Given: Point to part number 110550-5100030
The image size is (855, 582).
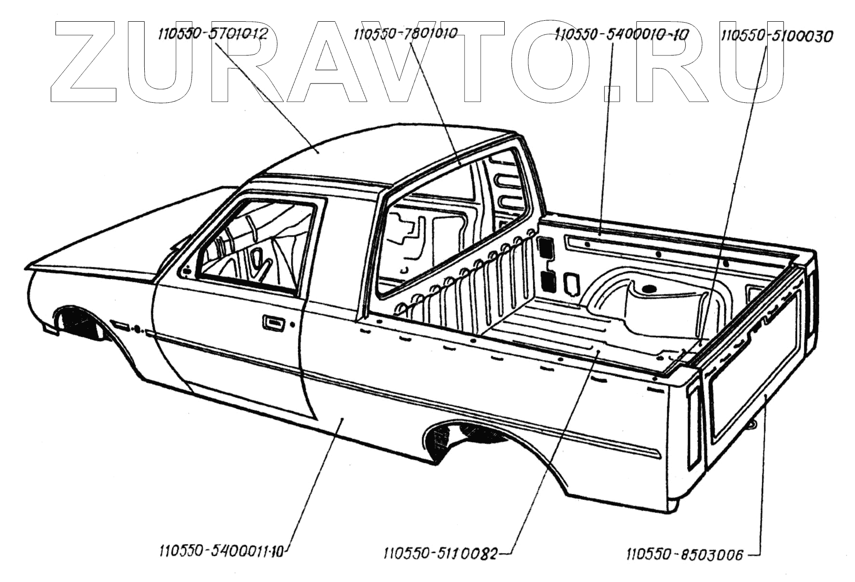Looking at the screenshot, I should [x=777, y=36].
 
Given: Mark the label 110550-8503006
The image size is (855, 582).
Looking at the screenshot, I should [x=685, y=555].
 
